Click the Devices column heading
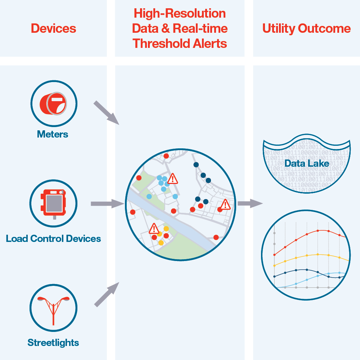click(x=53, y=28)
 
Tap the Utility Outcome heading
click(x=306, y=28)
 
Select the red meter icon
click(x=54, y=103)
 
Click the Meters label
click(x=53, y=135)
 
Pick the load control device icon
click(x=54, y=203)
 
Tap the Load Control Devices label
click(x=53, y=238)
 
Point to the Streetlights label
click(x=53, y=342)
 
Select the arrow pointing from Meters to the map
click(x=106, y=113)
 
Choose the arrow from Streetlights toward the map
click(x=107, y=294)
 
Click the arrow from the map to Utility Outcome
click(x=250, y=204)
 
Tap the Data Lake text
click(x=306, y=164)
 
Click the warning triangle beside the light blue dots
click(x=173, y=178)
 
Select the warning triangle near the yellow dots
click(x=154, y=229)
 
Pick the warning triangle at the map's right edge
click(x=225, y=204)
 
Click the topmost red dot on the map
click(x=166, y=156)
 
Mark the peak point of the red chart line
click(x=318, y=231)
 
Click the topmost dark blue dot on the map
click(x=196, y=165)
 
